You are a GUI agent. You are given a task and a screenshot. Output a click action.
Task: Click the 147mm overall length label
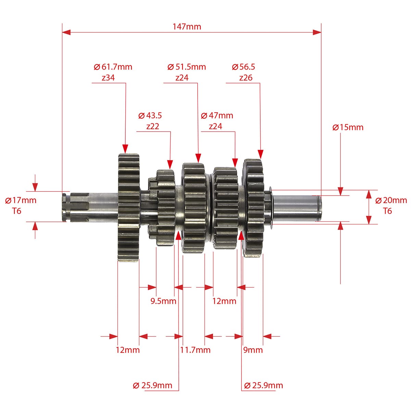[x=187, y=27]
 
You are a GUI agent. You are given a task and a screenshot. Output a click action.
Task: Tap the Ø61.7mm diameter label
[x=113, y=67]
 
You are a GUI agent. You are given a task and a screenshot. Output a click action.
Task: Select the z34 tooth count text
[x=108, y=78]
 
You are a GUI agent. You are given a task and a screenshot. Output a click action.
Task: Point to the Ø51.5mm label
[x=187, y=67]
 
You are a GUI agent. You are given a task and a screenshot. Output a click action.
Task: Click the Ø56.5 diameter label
[x=244, y=67]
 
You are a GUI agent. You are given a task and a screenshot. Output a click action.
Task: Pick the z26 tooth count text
[x=246, y=78]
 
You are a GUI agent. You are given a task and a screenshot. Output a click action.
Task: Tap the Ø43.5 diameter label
[x=150, y=116]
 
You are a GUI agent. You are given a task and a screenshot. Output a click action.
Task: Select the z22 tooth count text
[x=152, y=126]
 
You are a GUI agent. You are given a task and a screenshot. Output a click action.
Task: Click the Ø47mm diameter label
[x=217, y=116]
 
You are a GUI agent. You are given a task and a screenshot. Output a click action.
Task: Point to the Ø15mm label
[x=348, y=127]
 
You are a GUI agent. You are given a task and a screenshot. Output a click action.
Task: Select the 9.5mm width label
[x=163, y=301]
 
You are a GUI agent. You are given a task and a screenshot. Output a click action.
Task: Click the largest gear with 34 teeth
[x=128, y=208]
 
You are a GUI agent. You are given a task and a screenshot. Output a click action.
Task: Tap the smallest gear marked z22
[x=165, y=208]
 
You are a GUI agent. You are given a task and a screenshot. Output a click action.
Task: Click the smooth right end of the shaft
[x=297, y=208]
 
